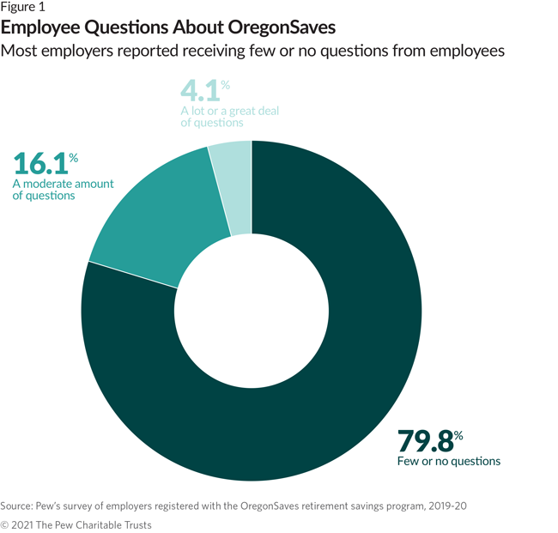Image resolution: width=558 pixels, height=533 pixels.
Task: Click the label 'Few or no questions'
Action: click(449, 462)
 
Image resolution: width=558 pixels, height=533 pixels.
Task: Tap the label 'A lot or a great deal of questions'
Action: click(229, 117)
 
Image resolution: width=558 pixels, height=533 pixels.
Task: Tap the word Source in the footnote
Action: click(17, 506)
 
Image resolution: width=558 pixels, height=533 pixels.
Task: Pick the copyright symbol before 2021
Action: click(5, 524)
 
